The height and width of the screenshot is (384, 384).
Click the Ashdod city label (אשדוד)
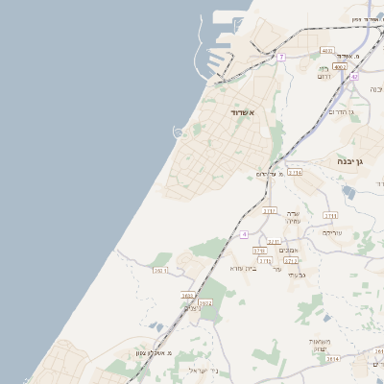click(240, 112)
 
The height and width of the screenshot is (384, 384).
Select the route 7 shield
click(281, 58)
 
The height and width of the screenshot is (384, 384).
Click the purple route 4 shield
click(245, 234)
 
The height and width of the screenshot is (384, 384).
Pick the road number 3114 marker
click(295, 173)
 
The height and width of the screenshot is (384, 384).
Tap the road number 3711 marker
click(330, 215)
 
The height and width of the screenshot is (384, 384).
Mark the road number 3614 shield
click(332, 360)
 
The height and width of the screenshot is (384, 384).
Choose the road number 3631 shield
click(160, 271)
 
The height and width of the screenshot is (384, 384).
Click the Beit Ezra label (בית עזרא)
click(244, 268)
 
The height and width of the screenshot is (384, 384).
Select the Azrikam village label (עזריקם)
click(332, 232)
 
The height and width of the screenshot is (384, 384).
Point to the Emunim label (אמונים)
click(288, 251)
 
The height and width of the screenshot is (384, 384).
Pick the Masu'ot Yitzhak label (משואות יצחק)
click(321, 345)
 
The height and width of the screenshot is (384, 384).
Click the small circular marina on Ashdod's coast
click(179, 132)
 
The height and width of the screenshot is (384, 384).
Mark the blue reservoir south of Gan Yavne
click(348, 192)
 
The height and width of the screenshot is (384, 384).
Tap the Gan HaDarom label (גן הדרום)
click(342, 112)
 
